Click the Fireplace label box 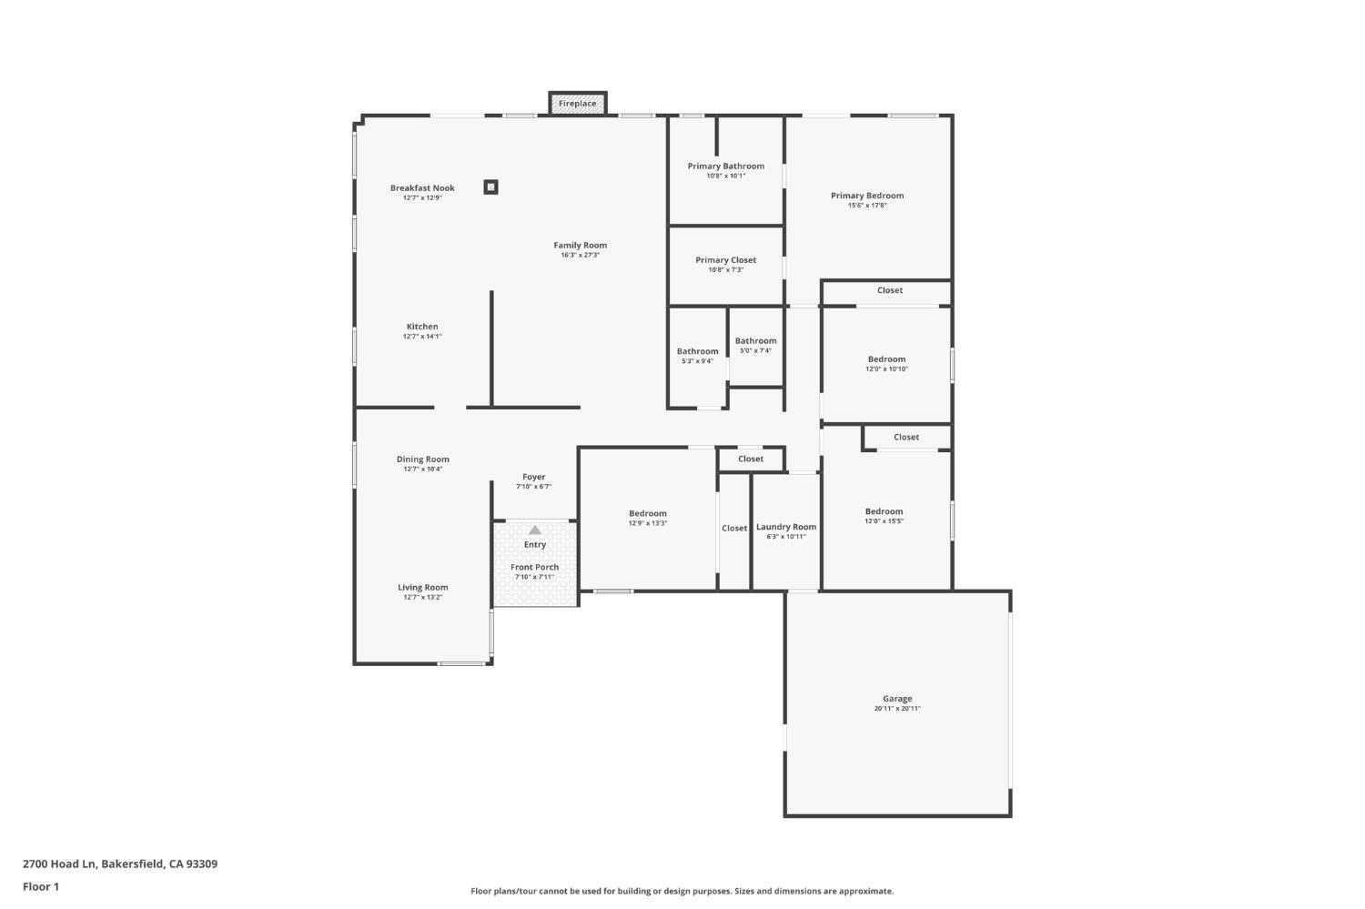[x=577, y=104]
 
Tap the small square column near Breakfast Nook [x=490, y=187]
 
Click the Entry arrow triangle [x=535, y=530]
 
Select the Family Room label [x=580, y=246]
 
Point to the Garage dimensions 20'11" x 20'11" [x=897, y=709]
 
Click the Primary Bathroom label [x=725, y=167]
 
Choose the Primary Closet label [x=725, y=260]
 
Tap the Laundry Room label [x=786, y=527]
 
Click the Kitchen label [x=422, y=327]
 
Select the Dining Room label [x=422, y=460]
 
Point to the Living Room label [x=422, y=588]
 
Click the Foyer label [x=534, y=477]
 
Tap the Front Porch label [x=534, y=567]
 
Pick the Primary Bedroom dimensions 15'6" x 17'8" [x=866, y=206]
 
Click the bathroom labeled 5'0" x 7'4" [x=755, y=345]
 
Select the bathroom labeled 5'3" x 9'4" [x=697, y=356]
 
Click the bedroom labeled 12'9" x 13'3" [x=647, y=518]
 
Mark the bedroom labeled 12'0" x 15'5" [x=884, y=516]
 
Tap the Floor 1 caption [x=41, y=886]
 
